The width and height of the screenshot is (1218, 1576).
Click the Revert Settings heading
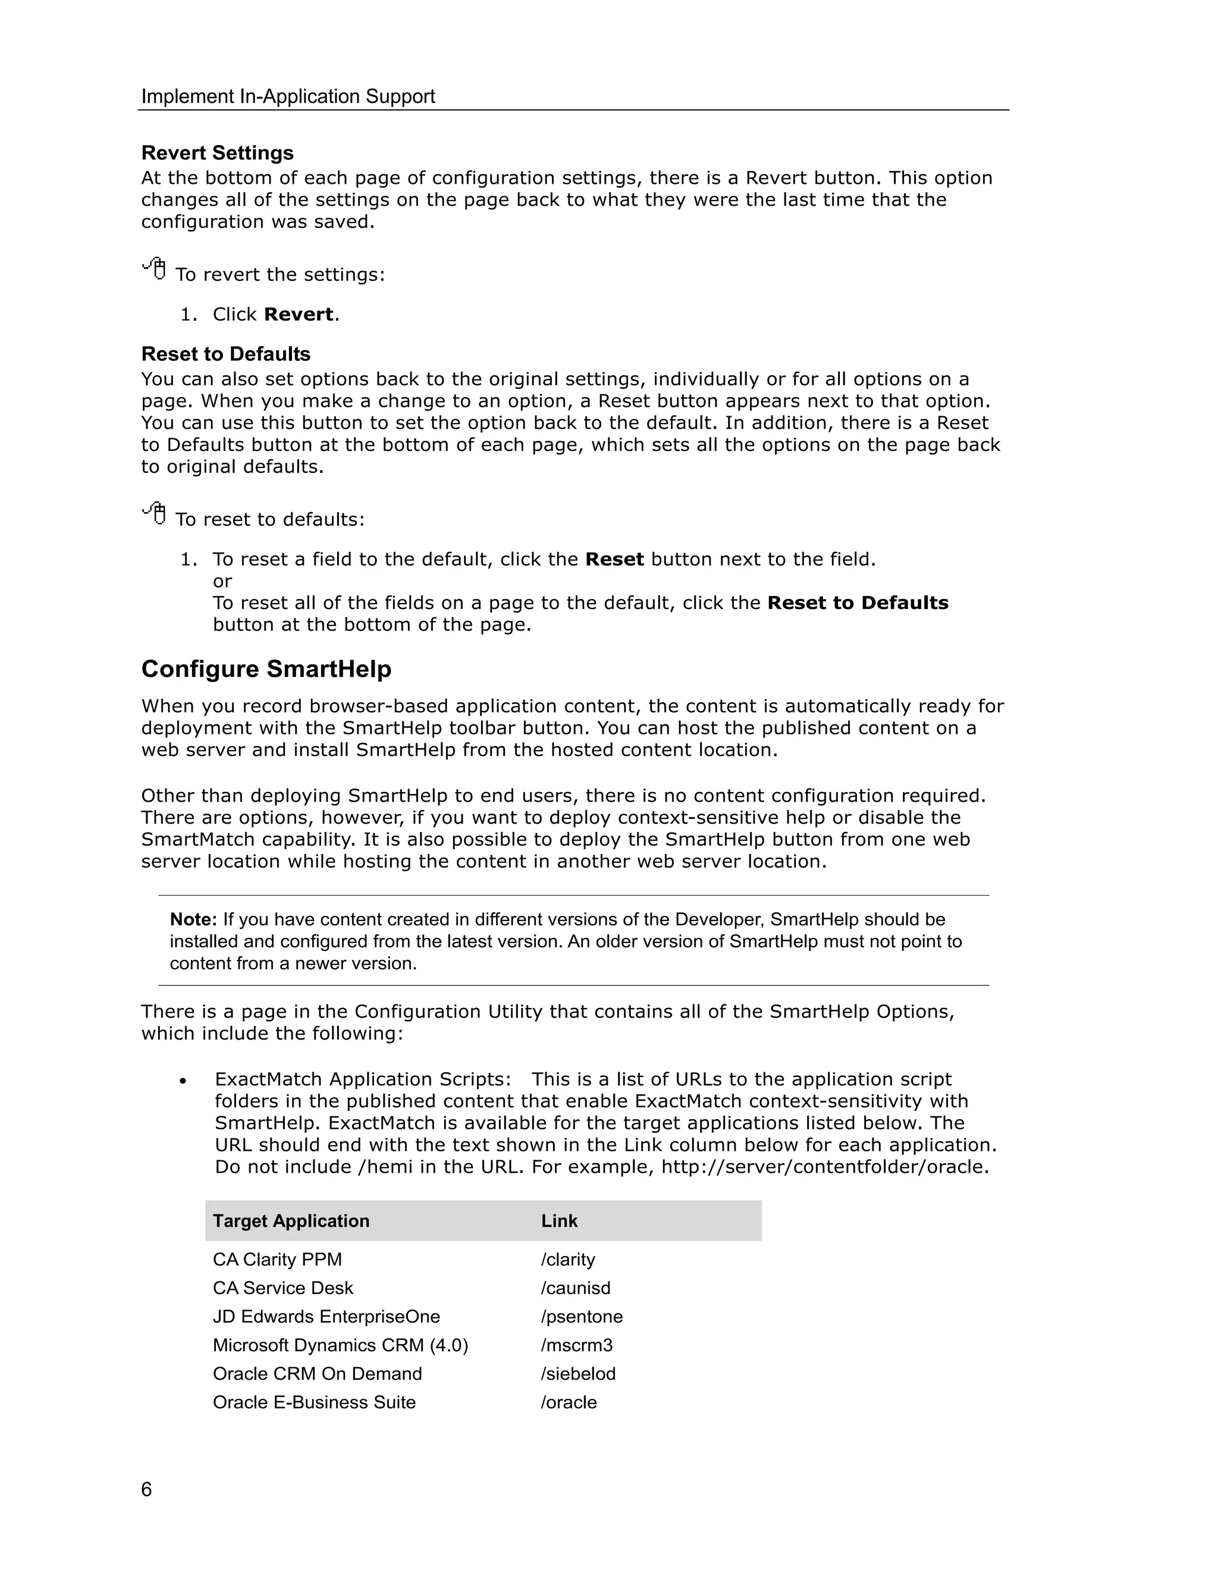217,153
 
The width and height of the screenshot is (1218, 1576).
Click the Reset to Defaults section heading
226,354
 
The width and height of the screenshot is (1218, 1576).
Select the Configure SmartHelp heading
266,669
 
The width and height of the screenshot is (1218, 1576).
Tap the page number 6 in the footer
146,1489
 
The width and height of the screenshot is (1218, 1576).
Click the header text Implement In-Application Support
288,97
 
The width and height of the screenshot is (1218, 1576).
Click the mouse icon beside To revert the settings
155,269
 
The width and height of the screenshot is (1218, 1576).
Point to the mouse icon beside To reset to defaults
155,514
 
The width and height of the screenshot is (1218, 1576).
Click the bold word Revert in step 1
299,315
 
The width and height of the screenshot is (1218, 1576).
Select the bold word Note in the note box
193,919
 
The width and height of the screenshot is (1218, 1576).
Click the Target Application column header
291,1221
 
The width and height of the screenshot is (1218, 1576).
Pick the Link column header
559,1221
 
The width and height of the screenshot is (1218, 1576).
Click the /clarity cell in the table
568,1259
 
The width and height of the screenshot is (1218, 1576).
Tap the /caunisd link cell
576,1288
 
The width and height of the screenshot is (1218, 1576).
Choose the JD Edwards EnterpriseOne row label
326,1316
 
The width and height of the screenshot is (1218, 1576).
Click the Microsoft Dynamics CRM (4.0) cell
340,1345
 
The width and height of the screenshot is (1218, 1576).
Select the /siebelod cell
578,1374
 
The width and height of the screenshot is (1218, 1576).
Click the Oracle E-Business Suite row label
314,1402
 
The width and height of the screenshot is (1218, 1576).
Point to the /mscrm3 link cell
576,1345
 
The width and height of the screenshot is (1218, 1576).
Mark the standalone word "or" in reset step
222,582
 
